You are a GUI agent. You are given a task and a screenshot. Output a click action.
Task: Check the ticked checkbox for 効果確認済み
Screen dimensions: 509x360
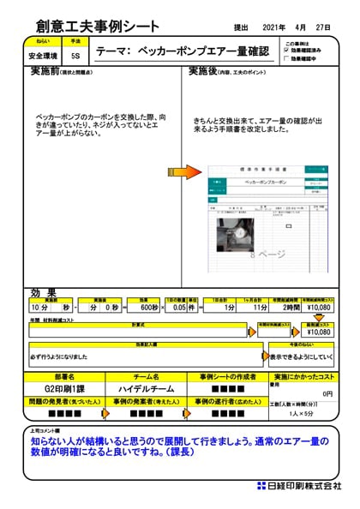(288, 51)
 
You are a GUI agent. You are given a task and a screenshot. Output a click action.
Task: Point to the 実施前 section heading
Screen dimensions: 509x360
(46, 70)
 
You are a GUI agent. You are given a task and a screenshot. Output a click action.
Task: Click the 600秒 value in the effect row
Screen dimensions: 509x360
(150, 307)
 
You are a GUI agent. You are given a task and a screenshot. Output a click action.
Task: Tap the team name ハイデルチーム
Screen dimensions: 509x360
(147, 388)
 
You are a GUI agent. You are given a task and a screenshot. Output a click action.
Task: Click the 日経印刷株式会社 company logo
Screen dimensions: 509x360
(299, 486)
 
